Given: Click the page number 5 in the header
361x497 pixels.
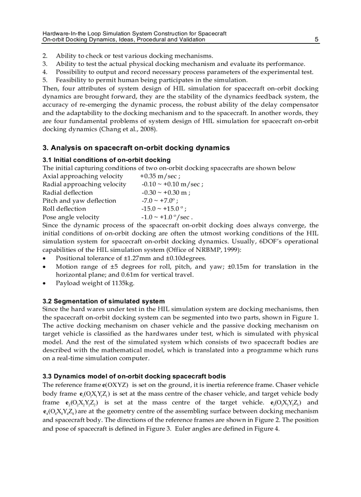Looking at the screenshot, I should point(316,39).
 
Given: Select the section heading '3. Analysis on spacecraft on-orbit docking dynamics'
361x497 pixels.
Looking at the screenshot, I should point(136,148).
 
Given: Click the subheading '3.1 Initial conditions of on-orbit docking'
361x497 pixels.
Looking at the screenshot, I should point(106,160).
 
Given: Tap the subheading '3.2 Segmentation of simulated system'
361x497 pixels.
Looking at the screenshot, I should point(104,301).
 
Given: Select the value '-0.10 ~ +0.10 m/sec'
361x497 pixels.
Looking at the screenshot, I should point(172,184).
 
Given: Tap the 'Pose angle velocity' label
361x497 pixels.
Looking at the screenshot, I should point(71,217).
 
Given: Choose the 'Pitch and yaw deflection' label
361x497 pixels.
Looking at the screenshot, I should point(79,200).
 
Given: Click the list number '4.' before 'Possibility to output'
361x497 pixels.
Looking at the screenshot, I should point(45,72).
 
